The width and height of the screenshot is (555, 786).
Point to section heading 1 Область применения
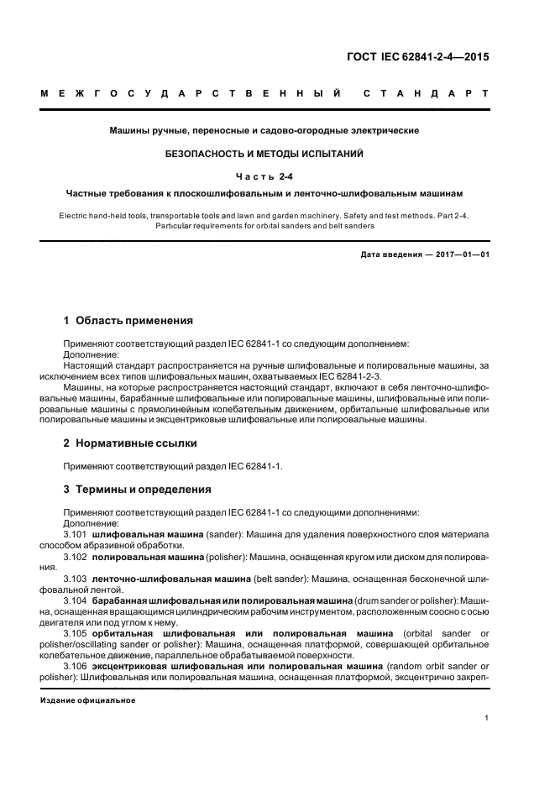tap(129, 320)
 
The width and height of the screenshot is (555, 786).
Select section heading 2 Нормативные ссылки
tap(131, 443)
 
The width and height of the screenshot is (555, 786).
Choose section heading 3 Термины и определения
tap(138, 490)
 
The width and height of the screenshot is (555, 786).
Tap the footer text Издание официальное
tap(87, 699)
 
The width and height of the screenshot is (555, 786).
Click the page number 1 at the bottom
tap(487, 718)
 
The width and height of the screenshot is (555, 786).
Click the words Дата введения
tap(389, 254)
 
